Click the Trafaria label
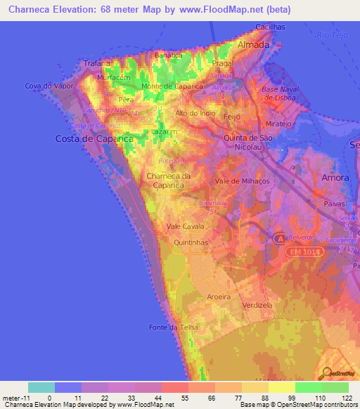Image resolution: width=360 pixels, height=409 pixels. point(97,63)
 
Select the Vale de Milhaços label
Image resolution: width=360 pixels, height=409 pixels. point(242,181)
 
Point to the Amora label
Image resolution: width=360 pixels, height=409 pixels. point(335,178)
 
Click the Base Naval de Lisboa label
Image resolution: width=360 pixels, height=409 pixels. point(280,93)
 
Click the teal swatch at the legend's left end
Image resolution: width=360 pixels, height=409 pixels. point(41,387)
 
